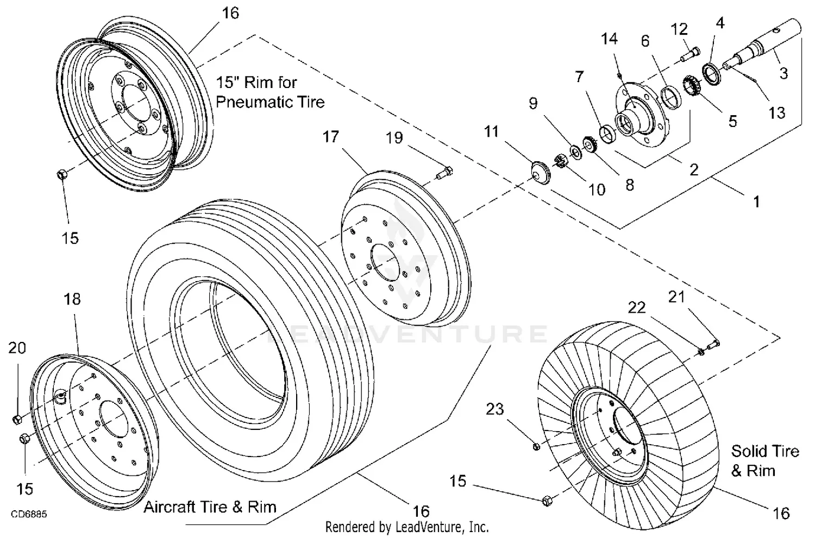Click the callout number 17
[330, 137]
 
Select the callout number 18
[72, 299]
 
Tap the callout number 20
[17, 347]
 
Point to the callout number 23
[494, 409]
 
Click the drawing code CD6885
[28, 513]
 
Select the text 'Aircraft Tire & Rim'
[210, 507]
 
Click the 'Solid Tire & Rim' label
[764, 460]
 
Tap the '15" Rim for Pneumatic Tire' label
[270, 92]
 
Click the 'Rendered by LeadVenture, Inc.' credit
[407, 527]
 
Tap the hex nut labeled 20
[16, 420]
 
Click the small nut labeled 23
[536, 446]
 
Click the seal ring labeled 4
[712, 71]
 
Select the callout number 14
[609, 39]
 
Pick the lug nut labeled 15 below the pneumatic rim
[61, 175]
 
